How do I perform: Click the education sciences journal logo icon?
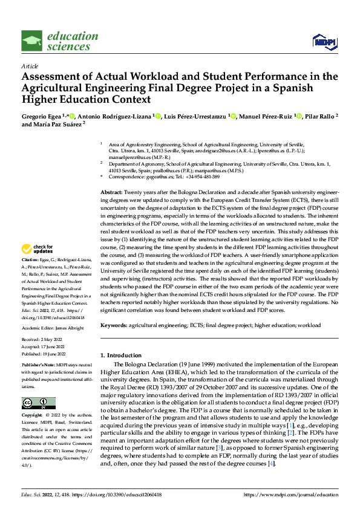click(32, 41)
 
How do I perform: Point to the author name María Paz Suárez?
click(56, 125)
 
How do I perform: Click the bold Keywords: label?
click(114, 325)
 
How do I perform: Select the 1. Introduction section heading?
click(125, 355)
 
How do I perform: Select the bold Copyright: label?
click(33, 415)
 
